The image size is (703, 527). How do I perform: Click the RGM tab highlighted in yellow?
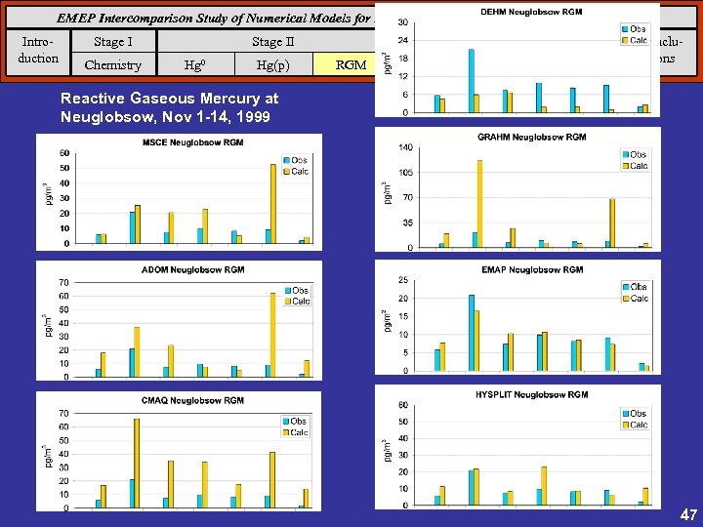click(351, 65)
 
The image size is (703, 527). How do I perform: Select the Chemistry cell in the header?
click(113, 65)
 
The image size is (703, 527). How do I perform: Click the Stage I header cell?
click(113, 42)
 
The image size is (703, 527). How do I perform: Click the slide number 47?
click(687, 513)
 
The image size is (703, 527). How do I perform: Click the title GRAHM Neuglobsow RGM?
click(532, 138)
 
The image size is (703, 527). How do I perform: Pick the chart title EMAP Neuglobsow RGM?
click(532, 269)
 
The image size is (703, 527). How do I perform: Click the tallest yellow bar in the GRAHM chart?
click(479, 203)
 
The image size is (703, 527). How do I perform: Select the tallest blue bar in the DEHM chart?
click(472, 80)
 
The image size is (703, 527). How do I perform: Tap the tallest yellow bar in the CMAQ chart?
click(137, 463)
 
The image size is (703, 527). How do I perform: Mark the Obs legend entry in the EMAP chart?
click(634, 287)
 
